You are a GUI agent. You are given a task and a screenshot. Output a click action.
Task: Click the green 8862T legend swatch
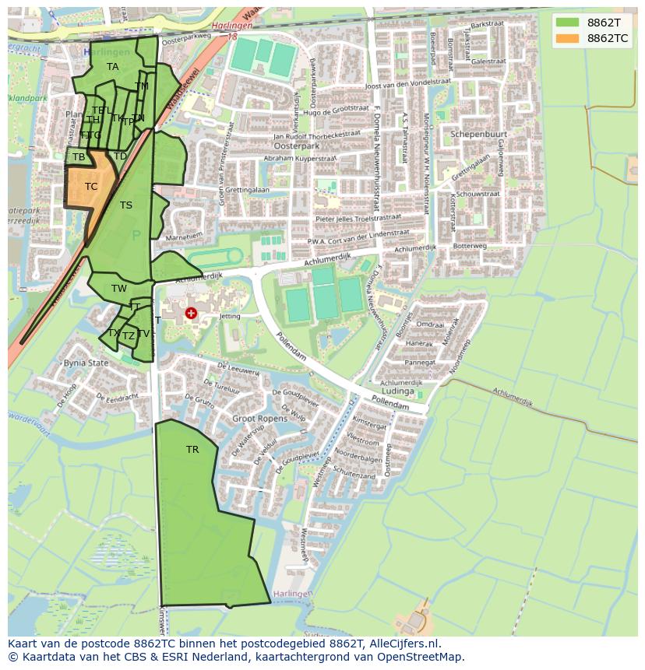click(568, 23)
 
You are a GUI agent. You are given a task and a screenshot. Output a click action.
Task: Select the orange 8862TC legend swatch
click(568, 38)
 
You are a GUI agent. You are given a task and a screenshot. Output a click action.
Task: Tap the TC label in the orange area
click(91, 187)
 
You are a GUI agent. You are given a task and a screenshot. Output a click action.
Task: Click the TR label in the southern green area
click(192, 450)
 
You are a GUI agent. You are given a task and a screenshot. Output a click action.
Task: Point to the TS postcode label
click(126, 205)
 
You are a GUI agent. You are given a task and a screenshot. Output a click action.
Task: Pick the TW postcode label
click(118, 289)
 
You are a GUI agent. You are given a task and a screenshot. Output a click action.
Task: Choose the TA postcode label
click(113, 67)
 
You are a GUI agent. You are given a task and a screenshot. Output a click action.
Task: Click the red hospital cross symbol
click(191, 313)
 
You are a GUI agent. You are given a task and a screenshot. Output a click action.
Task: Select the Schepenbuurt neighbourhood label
click(478, 134)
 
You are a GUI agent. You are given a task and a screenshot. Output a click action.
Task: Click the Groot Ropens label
click(259, 419)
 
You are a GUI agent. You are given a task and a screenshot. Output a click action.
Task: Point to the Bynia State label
click(86, 363)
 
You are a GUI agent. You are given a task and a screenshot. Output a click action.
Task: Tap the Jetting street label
click(230, 317)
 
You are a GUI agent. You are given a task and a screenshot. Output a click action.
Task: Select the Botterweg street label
click(469, 246)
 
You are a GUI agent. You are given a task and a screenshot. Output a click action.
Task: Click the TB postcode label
click(79, 157)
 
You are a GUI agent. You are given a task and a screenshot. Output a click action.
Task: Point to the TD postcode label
click(120, 156)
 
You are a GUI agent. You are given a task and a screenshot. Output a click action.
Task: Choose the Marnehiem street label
click(184, 235)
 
